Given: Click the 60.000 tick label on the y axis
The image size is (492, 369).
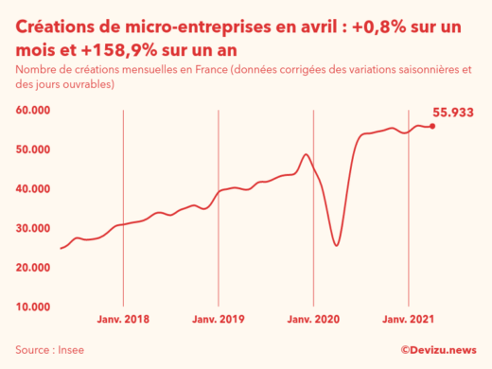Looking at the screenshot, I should [x=33, y=111].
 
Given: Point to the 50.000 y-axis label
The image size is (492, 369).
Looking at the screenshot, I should [x=33, y=149].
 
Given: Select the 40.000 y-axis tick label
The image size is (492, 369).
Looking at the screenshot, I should [x=33, y=189].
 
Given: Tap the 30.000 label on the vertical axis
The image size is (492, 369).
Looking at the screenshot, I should [x=33, y=228].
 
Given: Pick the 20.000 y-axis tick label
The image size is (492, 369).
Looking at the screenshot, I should [x=33, y=268].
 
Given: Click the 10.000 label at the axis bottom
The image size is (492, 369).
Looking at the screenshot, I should [x=33, y=307].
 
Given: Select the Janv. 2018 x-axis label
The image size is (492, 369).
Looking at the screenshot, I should [x=124, y=320].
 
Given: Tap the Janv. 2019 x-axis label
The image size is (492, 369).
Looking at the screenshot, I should [x=219, y=320].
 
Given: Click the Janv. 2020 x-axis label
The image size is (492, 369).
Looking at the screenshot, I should [x=313, y=320].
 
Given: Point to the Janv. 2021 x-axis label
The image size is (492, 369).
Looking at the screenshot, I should [x=408, y=320].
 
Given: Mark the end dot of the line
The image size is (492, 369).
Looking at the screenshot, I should [x=432, y=126].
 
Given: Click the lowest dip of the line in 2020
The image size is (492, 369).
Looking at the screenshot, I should [x=336, y=246].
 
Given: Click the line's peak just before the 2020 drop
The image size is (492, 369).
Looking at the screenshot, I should [x=305, y=154].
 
